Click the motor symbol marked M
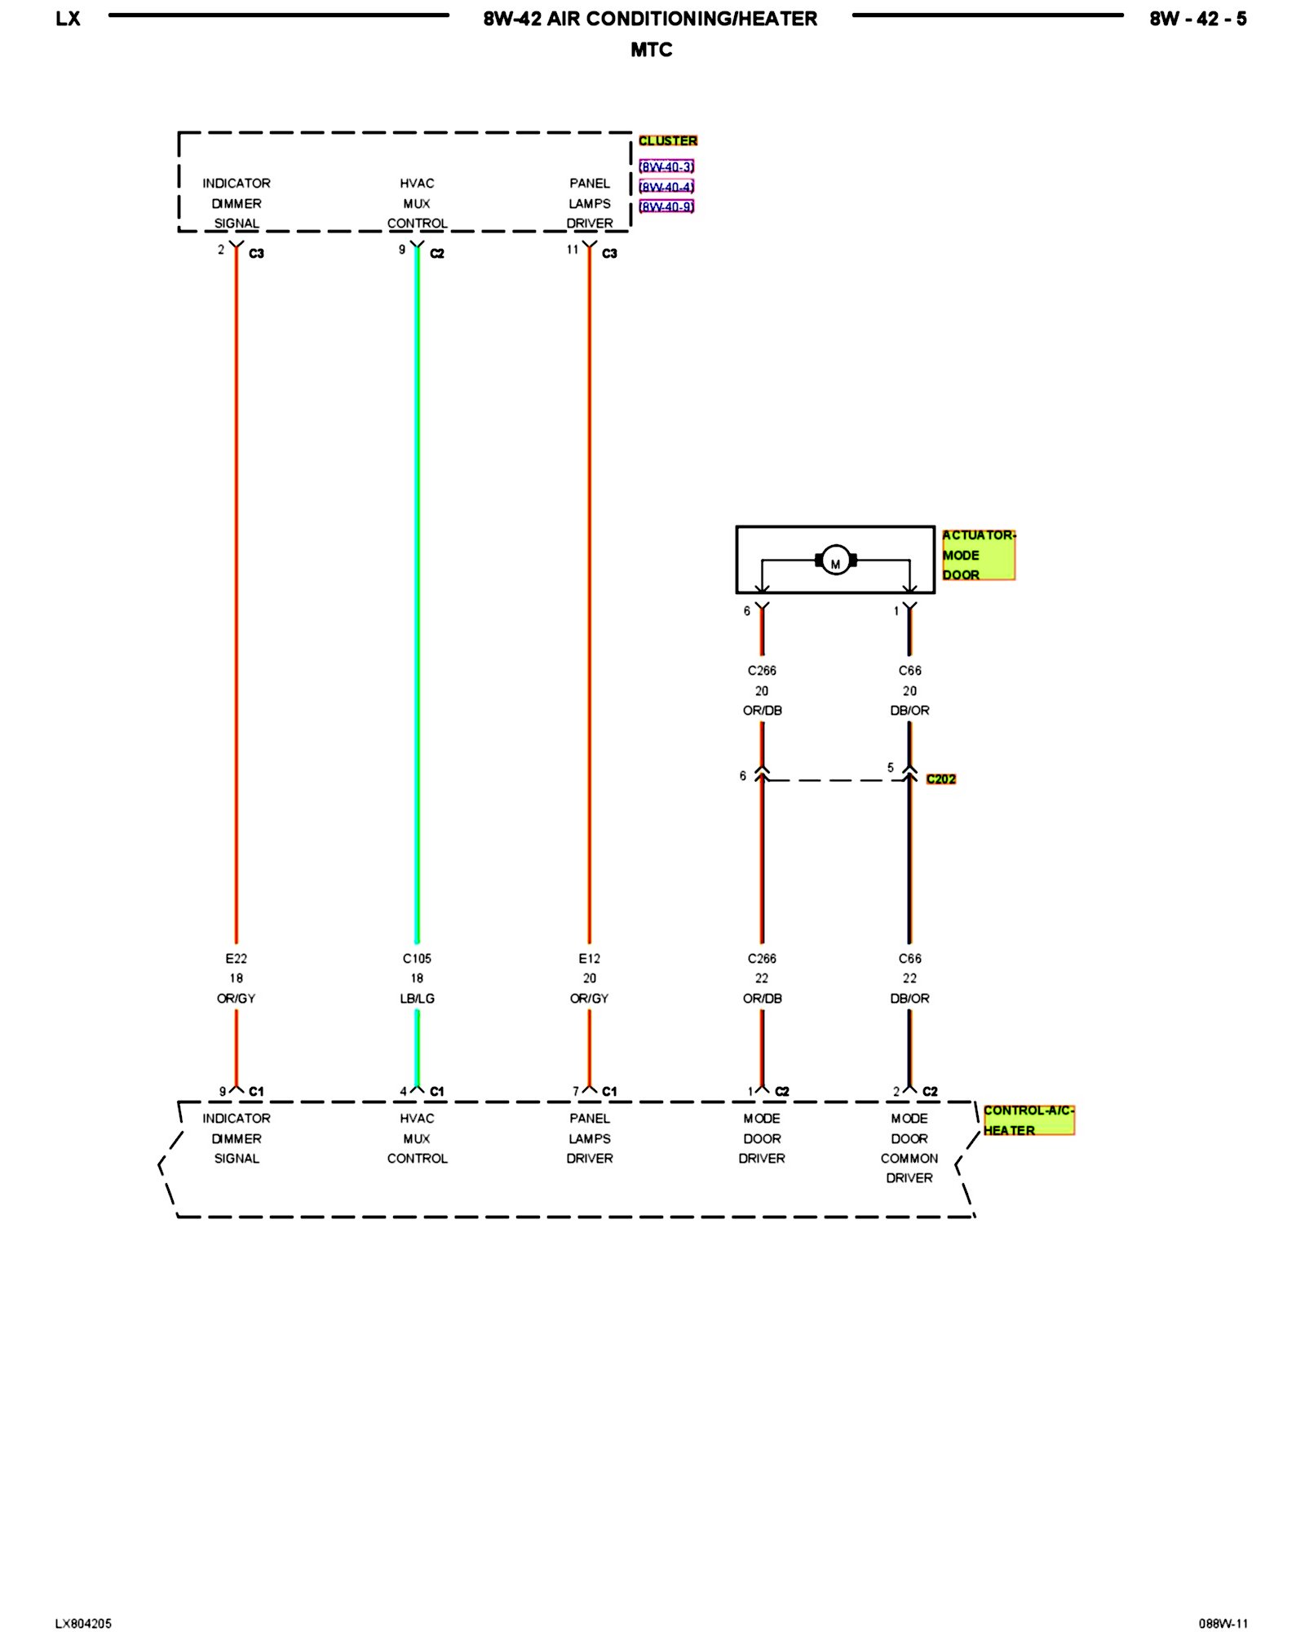point(835,561)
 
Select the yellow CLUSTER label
point(667,140)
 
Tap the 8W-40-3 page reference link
point(666,167)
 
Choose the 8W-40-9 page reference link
point(666,206)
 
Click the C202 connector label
point(940,779)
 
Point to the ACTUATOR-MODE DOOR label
point(978,555)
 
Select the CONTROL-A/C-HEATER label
point(1028,1120)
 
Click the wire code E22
point(236,958)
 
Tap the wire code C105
point(417,958)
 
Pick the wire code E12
point(589,958)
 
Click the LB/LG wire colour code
point(417,998)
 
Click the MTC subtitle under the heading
point(651,50)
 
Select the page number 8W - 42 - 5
point(1197,19)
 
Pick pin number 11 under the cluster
point(573,250)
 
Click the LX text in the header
point(68,19)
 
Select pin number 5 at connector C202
point(891,768)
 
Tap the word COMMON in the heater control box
point(909,1158)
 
